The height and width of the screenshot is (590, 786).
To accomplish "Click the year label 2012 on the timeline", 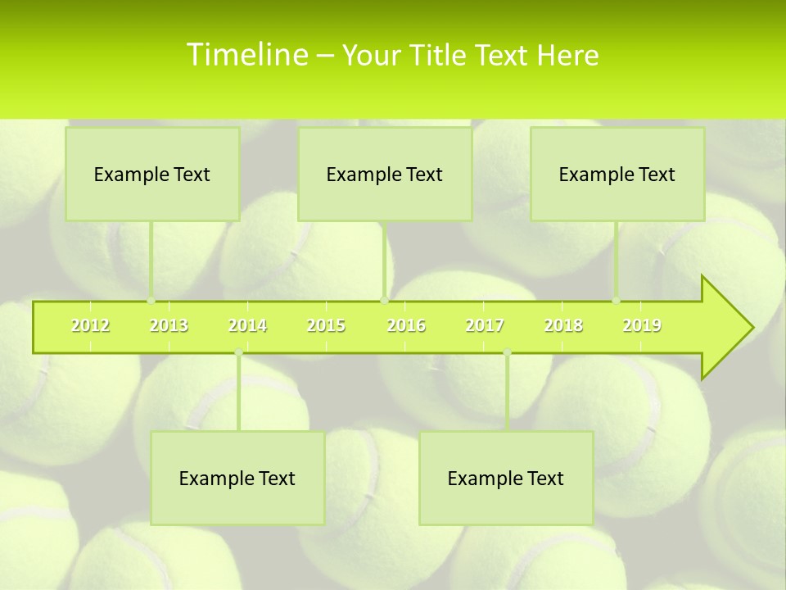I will click(x=90, y=326).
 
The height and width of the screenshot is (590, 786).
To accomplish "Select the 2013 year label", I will click(x=169, y=326).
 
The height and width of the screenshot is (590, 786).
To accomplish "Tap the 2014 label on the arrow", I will click(x=247, y=326).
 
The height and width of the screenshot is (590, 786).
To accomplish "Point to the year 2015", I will click(x=326, y=326).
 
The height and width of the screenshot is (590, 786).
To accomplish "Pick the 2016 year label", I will click(x=406, y=326).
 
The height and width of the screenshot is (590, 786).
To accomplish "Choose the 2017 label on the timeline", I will click(x=485, y=326).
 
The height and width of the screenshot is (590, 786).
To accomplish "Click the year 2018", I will click(x=563, y=326).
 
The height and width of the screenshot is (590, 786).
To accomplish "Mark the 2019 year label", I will click(x=642, y=326).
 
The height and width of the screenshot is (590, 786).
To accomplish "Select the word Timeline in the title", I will click(x=246, y=55).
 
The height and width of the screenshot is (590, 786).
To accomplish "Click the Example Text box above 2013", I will click(x=152, y=174).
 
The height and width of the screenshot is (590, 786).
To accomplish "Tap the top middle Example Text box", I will click(x=385, y=174).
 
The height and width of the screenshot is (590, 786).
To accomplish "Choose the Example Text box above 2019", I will click(x=617, y=174).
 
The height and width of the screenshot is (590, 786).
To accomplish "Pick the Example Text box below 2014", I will click(x=237, y=478).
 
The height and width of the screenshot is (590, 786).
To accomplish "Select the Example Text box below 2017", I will click(x=506, y=478).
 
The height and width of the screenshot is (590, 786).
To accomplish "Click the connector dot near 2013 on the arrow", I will click(x=151, y=300).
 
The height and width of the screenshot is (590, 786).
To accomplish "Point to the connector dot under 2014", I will click(x=238, y=352).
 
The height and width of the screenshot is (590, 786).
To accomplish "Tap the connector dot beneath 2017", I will click(x=507, y=352).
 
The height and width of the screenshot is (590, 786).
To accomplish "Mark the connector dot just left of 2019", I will click(x=616, y=300).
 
